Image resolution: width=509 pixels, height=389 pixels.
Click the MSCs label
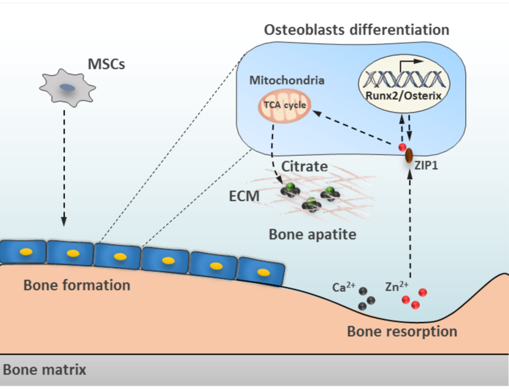tap(106, 64)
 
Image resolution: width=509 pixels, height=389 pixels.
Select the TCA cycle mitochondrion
tap(285, 105)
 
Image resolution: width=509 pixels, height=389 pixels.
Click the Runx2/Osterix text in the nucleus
tap(403, 96)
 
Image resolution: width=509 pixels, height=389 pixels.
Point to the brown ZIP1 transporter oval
tap(409, 155)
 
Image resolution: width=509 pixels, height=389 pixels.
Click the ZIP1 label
tap(426, 165)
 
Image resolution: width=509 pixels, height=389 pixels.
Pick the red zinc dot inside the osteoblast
tap(402, 147)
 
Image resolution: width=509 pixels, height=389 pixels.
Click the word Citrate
tap(304, 167)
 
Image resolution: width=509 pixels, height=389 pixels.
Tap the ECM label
tap(244, 196)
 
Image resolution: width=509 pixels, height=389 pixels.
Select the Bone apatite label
tap(313, 235)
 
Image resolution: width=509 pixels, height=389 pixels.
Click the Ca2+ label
tap(343, 287)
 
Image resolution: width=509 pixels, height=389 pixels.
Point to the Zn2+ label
tap(396, 286)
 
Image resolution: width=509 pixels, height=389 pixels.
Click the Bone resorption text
tap(402, 331)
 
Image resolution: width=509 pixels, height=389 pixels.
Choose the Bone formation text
tap(77, 285)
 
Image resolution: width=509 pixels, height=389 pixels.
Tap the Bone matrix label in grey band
tap(44, 370)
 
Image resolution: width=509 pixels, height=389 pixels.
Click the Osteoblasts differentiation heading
tap(356, 30)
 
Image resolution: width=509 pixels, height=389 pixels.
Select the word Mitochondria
tap(287, 80)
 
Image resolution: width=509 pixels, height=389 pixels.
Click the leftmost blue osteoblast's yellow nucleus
tap(26, 252)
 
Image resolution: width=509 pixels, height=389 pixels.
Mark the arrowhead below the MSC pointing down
tap(64, 222)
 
